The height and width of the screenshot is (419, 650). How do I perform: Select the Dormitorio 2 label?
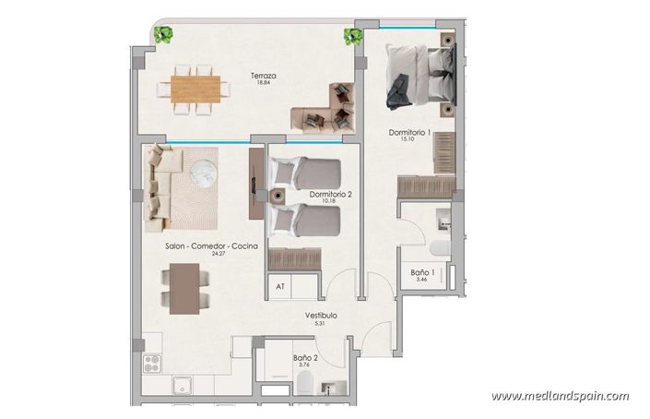331,194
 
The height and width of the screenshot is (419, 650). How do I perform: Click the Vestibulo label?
322,316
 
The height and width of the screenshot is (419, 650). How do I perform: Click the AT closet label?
280,287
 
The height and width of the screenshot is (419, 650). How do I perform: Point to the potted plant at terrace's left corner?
165,36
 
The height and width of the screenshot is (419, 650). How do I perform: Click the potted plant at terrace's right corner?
351,36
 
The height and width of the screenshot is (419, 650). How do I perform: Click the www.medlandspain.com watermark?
561,396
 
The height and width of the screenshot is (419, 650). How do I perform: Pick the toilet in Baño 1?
438,246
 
